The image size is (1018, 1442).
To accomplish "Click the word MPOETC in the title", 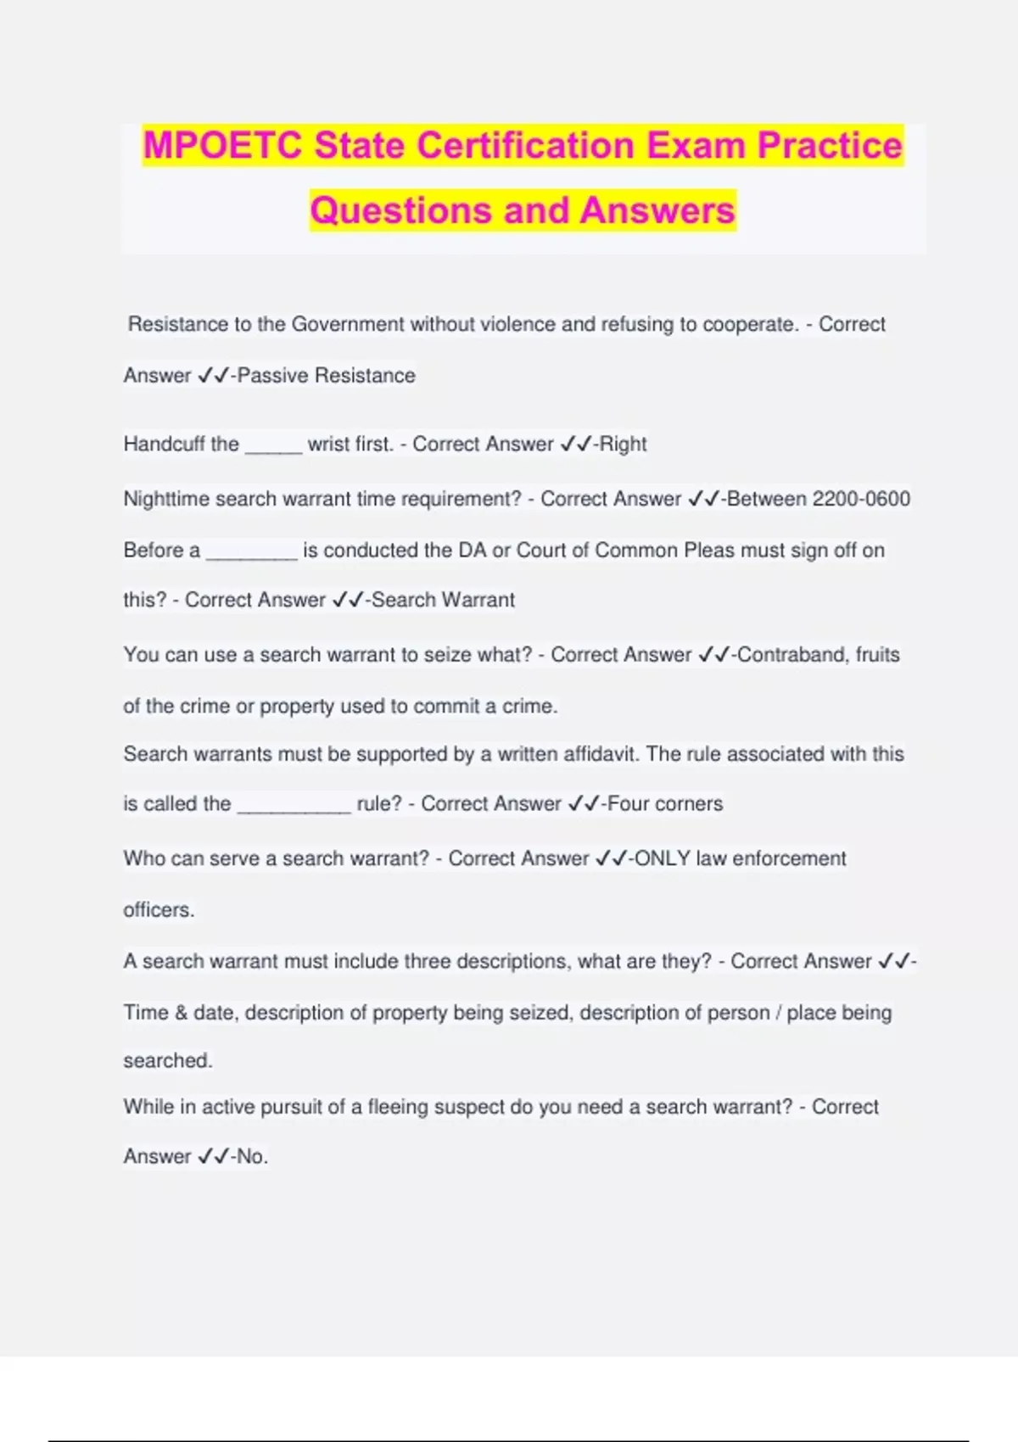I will [x=222, y=146].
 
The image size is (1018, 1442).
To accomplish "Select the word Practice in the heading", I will [x=829, y=146].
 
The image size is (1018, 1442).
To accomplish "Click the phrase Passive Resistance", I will [x=327, y=376].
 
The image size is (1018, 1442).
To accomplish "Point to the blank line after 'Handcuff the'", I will [x=273, y=447].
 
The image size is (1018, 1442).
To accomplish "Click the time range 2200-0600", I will [x=861, y=499].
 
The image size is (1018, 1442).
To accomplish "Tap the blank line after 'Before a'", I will [x=251, y=554].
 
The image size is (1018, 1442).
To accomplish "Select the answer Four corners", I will [x=665, y=804].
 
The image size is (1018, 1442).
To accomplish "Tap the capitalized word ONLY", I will [x=663, y=858].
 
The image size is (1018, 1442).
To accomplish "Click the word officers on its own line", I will [x=159, y=910].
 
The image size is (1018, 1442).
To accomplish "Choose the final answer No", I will [x=250, y=1157].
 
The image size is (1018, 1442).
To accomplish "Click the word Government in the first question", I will [x=348, y=325].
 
